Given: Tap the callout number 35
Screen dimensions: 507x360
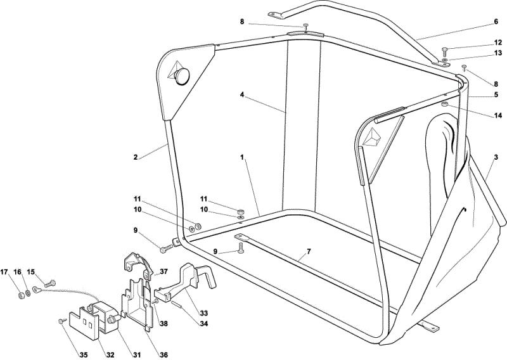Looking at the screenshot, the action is click(84, 355).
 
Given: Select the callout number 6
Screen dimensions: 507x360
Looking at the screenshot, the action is click(496, 22).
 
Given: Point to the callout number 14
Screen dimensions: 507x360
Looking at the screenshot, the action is click(498, 115).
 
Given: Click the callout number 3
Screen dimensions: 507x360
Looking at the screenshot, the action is click(496, 158).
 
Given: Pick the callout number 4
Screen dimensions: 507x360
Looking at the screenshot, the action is click(242, 95).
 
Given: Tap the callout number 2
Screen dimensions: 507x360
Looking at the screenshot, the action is click(136, 158).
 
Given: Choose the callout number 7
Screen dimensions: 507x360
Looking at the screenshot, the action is click(309, 252).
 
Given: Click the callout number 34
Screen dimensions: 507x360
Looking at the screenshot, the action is click(203, 323).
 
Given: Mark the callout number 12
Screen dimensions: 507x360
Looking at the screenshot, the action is click(498, 42).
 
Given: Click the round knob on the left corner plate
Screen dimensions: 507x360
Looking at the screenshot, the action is click(182, 76).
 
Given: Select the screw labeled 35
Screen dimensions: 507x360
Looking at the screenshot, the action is click(61, 321).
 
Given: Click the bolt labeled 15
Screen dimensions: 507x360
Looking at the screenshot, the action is click(49, 284).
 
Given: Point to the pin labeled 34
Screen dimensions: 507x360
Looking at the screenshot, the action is click(177, 305).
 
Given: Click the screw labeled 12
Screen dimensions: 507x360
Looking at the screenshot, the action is click(446, 51).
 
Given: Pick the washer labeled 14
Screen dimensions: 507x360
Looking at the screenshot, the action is click(445, 104).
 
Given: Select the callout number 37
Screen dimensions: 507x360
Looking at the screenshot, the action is click(164, 271).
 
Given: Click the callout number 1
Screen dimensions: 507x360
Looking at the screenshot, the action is click(241, 158).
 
